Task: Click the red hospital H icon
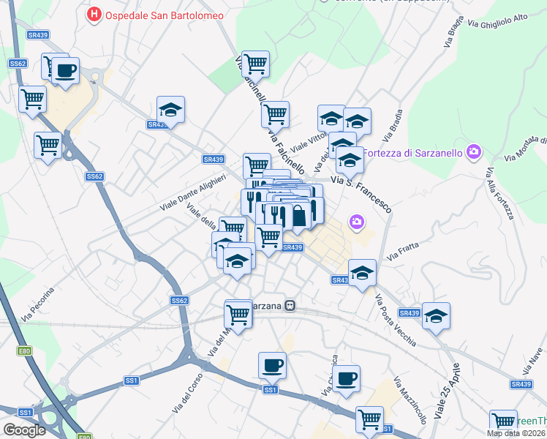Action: click(x=94, y=14)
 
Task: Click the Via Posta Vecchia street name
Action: click(x=395, y=320)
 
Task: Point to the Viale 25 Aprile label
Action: click(x=447, y=391)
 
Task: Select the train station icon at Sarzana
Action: click(x=290, y=306)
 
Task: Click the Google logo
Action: click(x=24, y=430)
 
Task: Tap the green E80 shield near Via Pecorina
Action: click(x=25, y=352)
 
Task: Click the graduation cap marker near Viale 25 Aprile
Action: click(x=437, y=316)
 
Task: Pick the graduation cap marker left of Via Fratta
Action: click(x=361, y=273)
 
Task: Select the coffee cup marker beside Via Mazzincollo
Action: click(x=347, y=378)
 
